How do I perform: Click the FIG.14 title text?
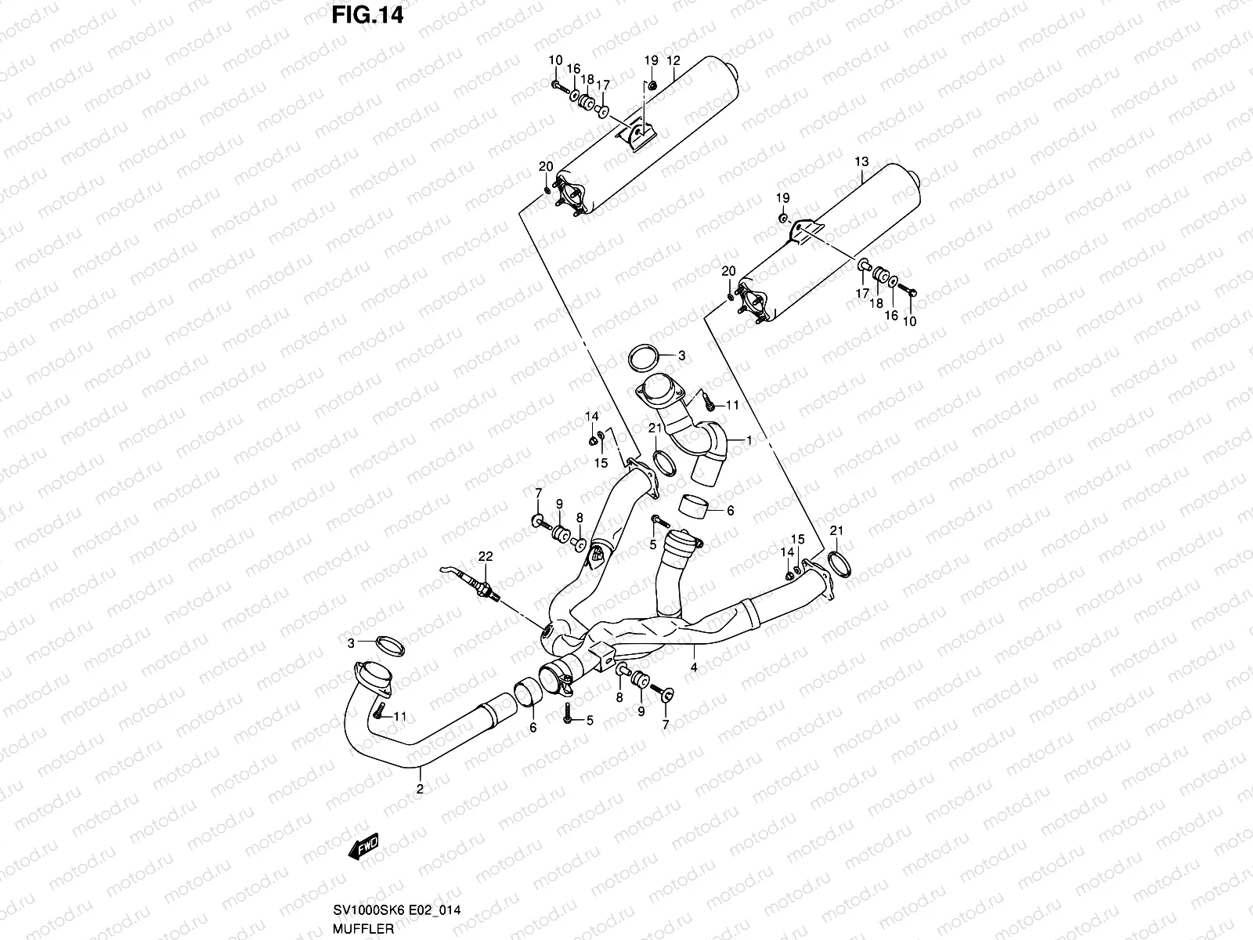pyautogui.click(x=367, y=16)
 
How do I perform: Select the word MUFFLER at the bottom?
pyautogui.click(x=363, y=928)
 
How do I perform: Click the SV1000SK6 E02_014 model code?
pyautogui.click(x=397, y=910)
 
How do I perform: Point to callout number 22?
pyautogui.click(x=486, y=556)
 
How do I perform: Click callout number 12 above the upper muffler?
pyautogui.click(x=673, y=60)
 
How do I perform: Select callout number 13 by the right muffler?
pyautogui.click(x=861, y=161)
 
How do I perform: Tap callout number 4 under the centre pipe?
pyautogui.click(x=694, y=667)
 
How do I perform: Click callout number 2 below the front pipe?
pyautogui.click(x=420, y=790)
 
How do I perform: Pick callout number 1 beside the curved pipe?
pyautogui.click(x=749, y=440)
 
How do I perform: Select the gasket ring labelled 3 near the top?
pyautogui.click(x=644, y=358)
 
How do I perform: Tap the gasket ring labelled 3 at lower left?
pyautogui.click(x=391, y=646)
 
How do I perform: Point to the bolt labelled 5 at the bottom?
pyautogui.click(x=568, y=714)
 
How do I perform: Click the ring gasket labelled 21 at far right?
pyautogui.click(x=839, y=565)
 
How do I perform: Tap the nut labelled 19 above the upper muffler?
pyautogui.click(x=652, y=86)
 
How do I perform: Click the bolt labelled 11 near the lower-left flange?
pyautogui.click(x=378, y=711)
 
